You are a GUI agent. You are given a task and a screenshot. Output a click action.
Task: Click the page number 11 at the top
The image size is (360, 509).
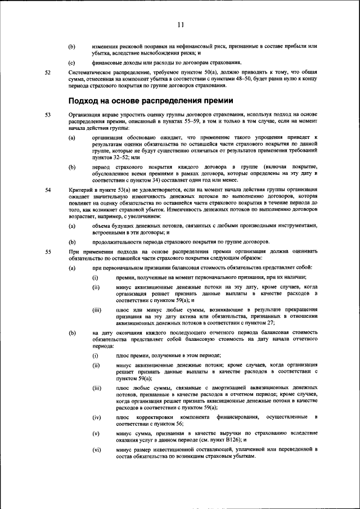[181, 25]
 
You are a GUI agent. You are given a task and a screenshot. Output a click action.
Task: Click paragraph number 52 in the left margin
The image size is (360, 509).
[48, 73]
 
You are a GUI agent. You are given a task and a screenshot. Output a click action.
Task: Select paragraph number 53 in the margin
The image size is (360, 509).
[48, 115]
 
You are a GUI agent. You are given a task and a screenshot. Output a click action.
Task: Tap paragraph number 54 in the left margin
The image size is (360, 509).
[48, 190]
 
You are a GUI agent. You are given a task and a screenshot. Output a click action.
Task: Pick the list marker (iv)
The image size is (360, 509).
[97, 417]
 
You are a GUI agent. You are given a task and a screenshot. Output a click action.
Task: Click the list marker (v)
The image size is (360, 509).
[96, 434]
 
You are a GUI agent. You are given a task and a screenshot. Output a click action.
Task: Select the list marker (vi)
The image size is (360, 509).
[97, 451]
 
